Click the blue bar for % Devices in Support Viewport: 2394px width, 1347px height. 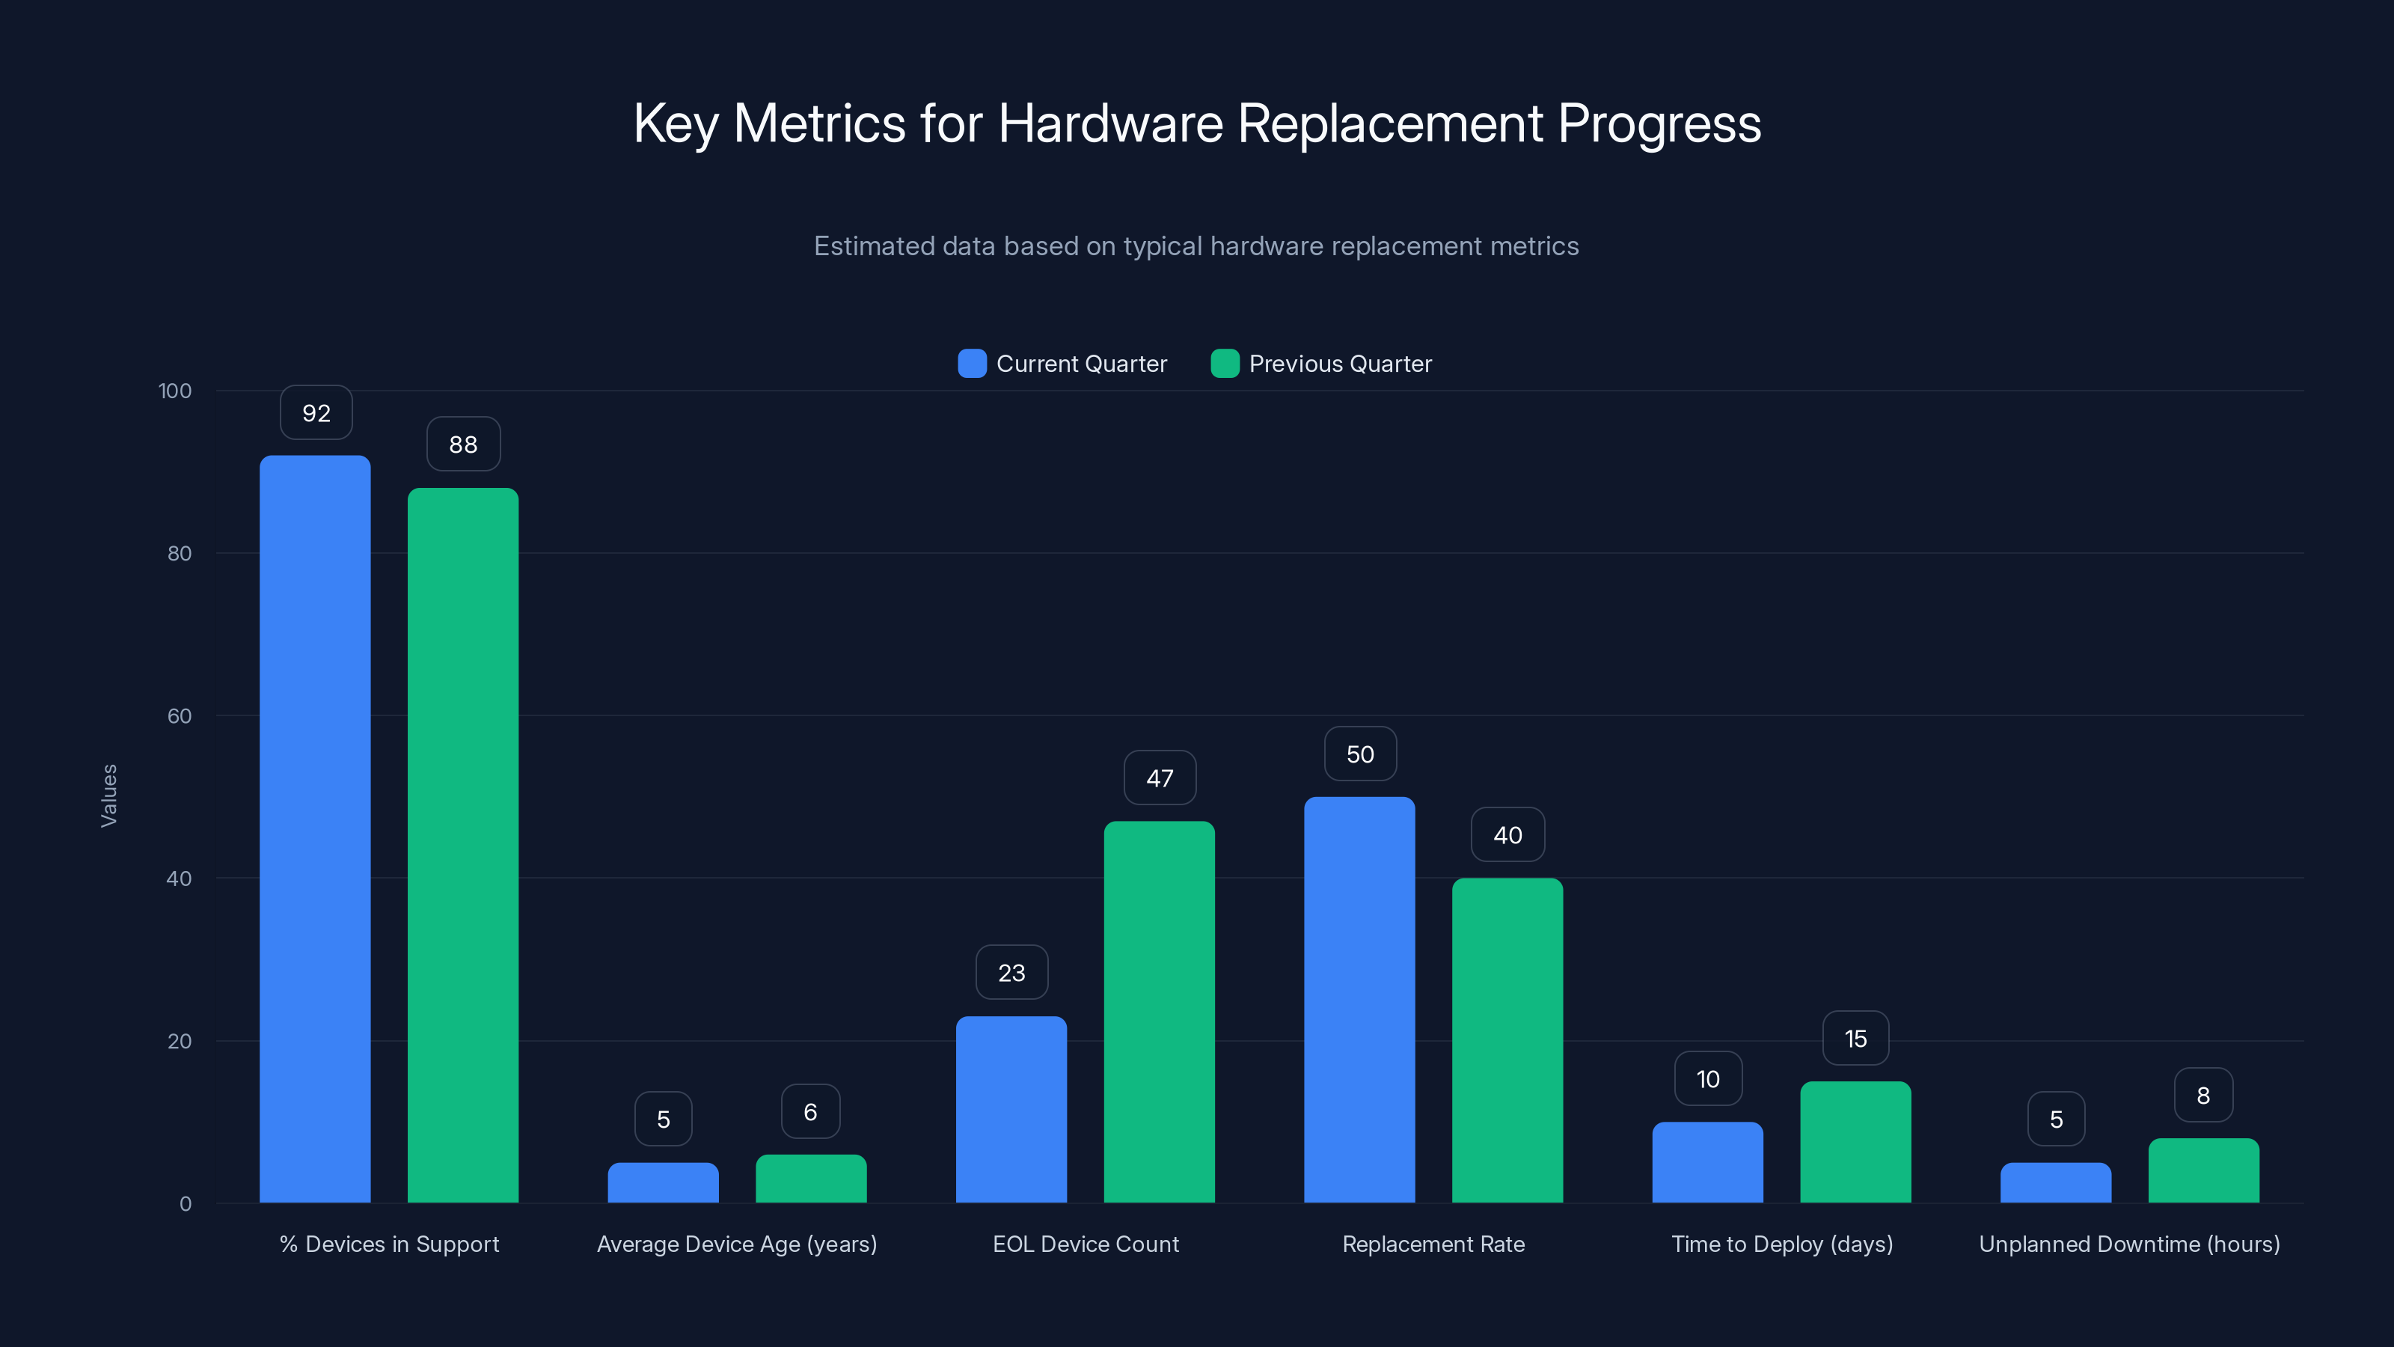315,828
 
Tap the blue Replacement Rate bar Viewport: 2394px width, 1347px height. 1359,999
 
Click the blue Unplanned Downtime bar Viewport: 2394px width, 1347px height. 2055,1182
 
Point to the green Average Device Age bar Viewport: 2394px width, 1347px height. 810,1179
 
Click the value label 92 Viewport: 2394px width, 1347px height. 316,413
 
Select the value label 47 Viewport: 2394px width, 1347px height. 1159,778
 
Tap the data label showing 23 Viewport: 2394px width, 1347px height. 1011,972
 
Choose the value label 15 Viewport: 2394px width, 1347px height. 1855,1039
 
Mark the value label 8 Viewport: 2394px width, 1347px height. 2202,1095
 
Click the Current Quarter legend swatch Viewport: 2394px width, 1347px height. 971,364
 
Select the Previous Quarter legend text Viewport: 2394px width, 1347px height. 1339,364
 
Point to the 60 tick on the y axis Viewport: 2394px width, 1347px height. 180,716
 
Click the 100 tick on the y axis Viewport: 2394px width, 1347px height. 175,391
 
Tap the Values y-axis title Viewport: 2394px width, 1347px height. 108,795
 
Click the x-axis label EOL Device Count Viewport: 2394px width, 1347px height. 1085,1244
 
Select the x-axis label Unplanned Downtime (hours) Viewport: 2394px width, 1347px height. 2128,1244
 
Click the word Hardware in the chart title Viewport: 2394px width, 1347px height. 1109,123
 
